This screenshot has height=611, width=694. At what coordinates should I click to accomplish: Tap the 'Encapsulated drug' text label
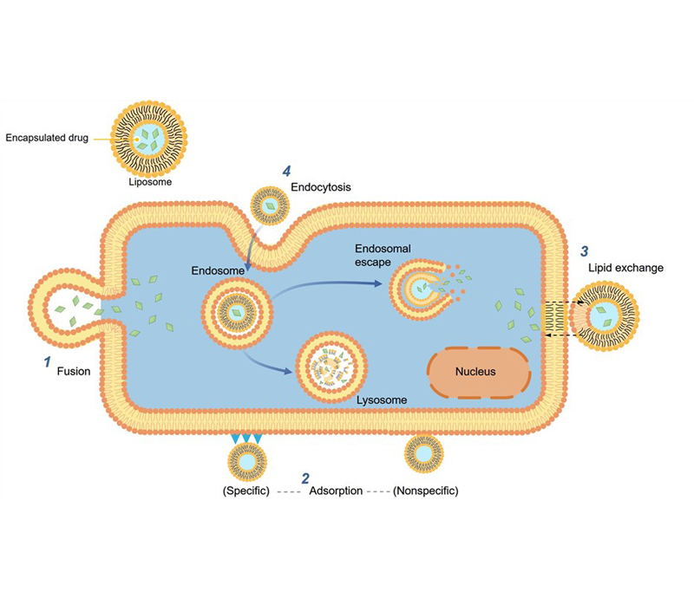tap(47, 137)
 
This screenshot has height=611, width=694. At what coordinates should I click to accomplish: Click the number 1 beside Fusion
tap(47, 363)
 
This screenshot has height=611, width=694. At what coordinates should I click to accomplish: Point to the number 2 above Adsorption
tap(305, 478)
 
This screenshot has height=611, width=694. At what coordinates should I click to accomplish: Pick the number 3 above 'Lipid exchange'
tap(584, 251)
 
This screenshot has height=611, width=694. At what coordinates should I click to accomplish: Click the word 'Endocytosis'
tap(321, 185)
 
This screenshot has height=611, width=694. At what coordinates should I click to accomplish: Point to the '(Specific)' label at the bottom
tap(247, 491)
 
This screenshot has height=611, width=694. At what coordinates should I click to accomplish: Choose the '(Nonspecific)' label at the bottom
tap(425, 491)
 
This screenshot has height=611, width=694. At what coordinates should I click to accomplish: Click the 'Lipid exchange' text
tap(630, 268)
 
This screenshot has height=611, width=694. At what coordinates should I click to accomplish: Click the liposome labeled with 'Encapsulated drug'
tap(149, 140)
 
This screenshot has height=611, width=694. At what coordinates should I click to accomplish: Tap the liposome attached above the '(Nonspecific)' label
tap(424, 452)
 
